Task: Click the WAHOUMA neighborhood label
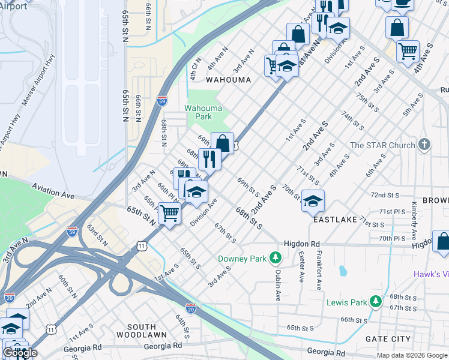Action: pyautogui.click(x=228, y=79)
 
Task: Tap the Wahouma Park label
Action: pyautogui.click(x=203, y=112)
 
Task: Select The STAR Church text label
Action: pyautogui.click(x=382, y=145)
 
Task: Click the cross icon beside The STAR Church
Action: pyautogui.click(x=424, y=145)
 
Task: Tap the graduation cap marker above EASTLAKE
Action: pyautogui.click(x=313, y=201)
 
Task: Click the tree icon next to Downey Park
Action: pyautogui.click(x=275, y=258)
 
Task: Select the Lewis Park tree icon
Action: pyautogui.click(x=376, y=301)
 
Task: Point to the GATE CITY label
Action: pyautogui.click(x=388, y=339)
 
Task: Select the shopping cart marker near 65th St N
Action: pyautogui.click(x=170, y=213)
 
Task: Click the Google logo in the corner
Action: pyautogui.click(x=20, y=352)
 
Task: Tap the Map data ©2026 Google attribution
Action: pyautogui.click(x=411, y=355)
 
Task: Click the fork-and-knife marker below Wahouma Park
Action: pyautogui.click(x=209, y=159)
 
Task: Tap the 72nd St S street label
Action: pyautogui.click(x=385, y=196)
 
